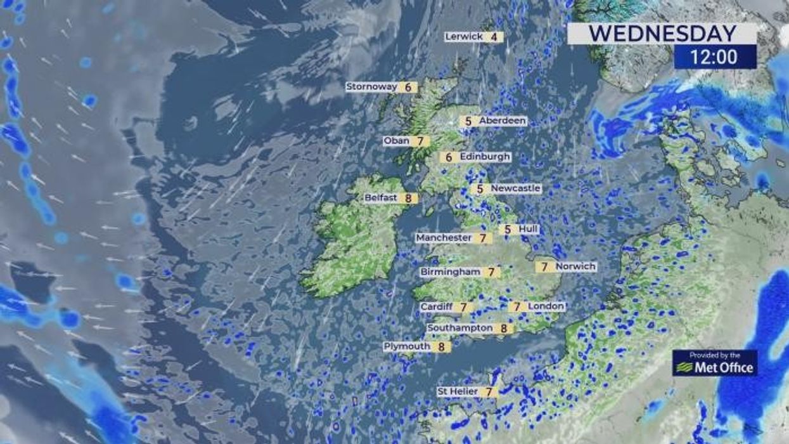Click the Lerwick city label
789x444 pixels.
click(x=464, y=37)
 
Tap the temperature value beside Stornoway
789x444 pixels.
click(x=408, y=88)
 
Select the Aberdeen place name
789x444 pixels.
click(x=502, y=121)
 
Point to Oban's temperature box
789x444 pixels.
click(x=420, y=141)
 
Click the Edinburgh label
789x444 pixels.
click(x=485, y=157)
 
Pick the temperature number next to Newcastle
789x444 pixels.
click(x=480, y=189)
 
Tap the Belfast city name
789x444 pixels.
click(x=380, y=198)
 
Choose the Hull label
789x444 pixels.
click(x=527, y=229)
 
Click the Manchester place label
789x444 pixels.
click(x=444, y=238)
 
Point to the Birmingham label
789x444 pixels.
click(x=450, y=272)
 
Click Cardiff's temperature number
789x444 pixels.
click(x=464, y=308)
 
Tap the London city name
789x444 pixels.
click(x=545, y=306)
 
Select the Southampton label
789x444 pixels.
click(x=459, y=328)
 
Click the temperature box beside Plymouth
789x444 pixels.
click(x=442, y=347)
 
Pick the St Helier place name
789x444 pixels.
click(x=458, y=392)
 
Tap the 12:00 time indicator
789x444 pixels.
click(x=714, y=57)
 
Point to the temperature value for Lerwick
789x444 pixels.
click(x=494, y=37)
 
